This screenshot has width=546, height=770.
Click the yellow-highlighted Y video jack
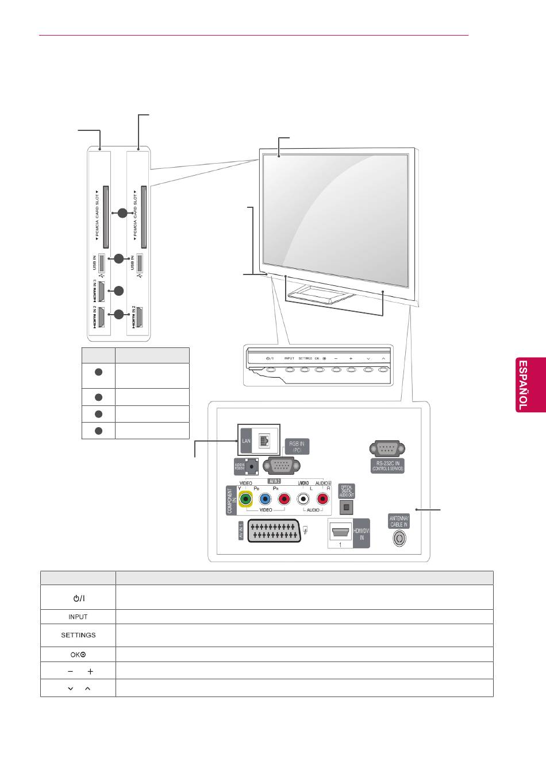point(246,499)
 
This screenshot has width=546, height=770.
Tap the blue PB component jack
point(265,499)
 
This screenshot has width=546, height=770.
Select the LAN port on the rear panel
point(265,440)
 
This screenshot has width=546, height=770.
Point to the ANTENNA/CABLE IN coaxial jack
point(399,539)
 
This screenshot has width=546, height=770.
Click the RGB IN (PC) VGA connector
point(281,466)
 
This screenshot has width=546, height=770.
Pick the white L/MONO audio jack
point(303,499)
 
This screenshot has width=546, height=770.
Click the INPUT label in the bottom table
point(78,617)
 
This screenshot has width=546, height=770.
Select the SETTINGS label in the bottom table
point(78,635)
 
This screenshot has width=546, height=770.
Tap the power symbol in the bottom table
point(78,598)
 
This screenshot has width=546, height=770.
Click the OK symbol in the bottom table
point(78,655)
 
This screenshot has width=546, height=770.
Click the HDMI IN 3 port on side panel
point(101,292)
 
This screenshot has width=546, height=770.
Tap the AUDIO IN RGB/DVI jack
point(251,466)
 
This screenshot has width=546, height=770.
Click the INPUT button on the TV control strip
point(289,369)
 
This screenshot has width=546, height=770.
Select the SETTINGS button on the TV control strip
point(305,369)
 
